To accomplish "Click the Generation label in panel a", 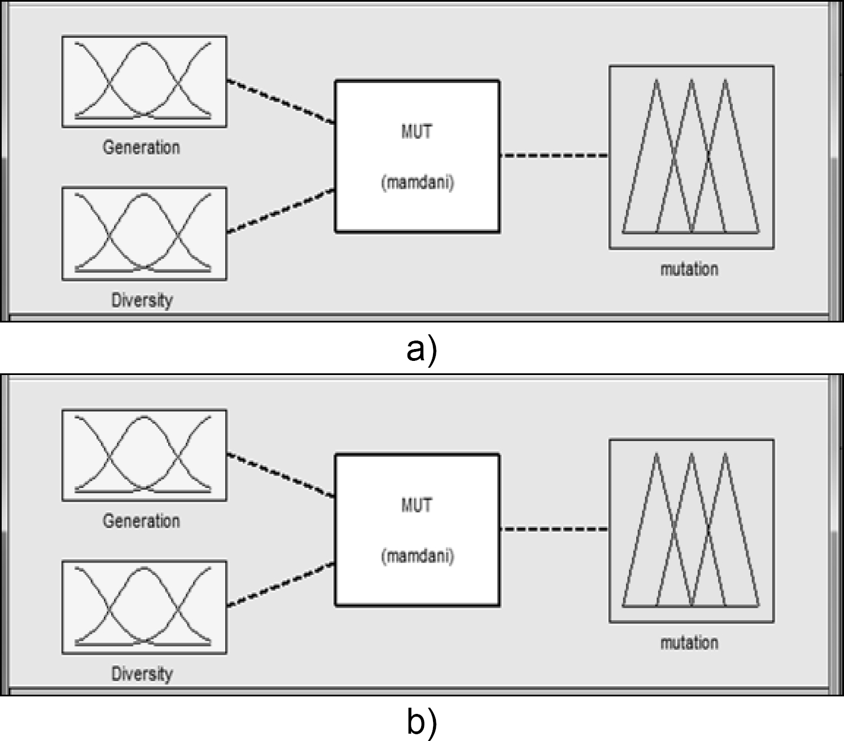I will pyautogui.click(x=141, y=147).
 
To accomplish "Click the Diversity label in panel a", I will pyautogui.click(x=142, y=300).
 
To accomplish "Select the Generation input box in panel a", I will pyautogui.click(x=144, y=81).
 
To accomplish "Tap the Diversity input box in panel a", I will pyautogui.click(x=144, y=233).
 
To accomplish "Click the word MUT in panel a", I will pyautogui.click(x=417, y=132).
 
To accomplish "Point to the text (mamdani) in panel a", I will pyautogui.click(x=417, y=182).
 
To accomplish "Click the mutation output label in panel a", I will pyautogui.click(x=689, y=269).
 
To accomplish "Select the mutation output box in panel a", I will pyautogui.click(x=691, y=157).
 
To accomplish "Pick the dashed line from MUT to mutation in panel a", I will pyautogui.click(x=554, y=155).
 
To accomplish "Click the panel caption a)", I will pyautogui.click(x=422, y=350).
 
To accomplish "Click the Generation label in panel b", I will pyautogui.click(x=141, y=521).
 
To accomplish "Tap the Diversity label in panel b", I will pyautogui.click(x=142, y=674).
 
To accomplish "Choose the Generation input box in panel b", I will pyautogui.click(x=144, y=455).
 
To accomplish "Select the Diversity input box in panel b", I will pyautogui.click(x=144, y=607).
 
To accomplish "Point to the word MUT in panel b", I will pyautogui.click(x=417, y=505).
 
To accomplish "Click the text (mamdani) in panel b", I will pyautogui.click(x=417, y=556).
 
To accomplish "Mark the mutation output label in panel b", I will pyautogui.click(x=689, y=643).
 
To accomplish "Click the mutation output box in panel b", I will pyautogui.click(x=691, y=531).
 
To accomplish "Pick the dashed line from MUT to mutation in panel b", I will pyautogui.click(x=554, y=529).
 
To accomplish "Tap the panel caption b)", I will pyautogui.click(x=422, y=723).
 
